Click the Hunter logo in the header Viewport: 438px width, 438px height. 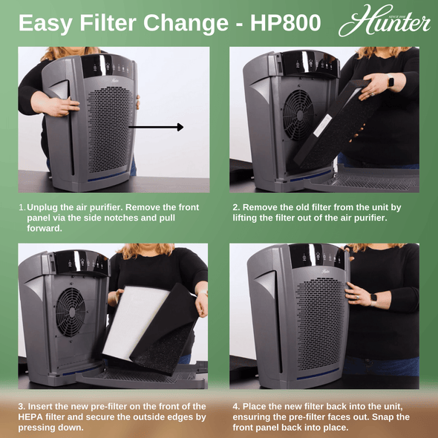tap(384, 22)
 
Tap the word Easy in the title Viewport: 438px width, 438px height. tap(45, 23)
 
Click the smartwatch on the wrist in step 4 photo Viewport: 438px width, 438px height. tap(374, 297)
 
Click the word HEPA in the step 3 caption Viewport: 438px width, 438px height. tap(33, 417)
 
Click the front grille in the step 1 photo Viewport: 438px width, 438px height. tap(111, 126)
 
